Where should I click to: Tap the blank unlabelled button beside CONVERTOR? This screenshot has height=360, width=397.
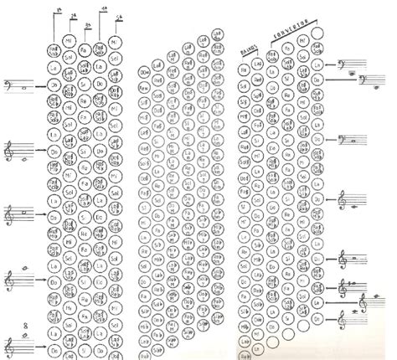click(317, 33)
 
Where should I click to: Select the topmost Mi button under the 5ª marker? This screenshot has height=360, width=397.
click(116, 39)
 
